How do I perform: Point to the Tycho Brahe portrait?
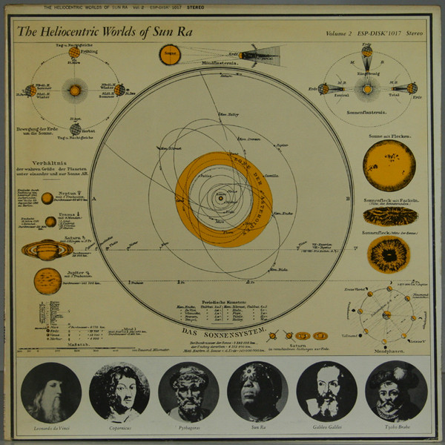396,391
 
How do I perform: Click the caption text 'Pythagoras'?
188,429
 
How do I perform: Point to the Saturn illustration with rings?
47,251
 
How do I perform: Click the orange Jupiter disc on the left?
47,280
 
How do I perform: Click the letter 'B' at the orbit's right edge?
349,200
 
